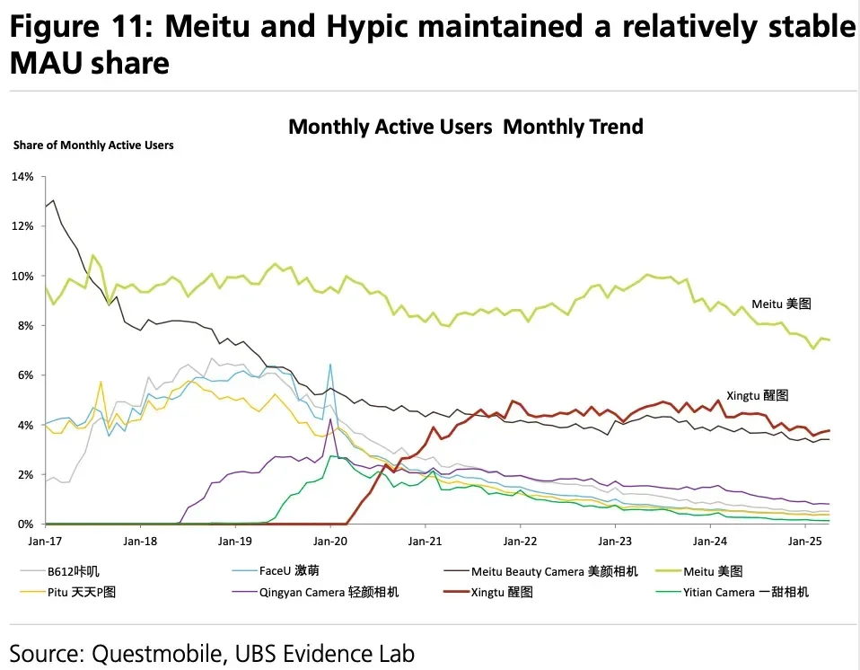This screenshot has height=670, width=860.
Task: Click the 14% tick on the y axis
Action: coord(22,177)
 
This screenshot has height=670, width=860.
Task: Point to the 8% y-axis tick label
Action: coord(25,325)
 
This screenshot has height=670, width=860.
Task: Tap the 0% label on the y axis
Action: coord(25,524)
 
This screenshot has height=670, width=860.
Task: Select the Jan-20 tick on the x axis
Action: coord(329,542)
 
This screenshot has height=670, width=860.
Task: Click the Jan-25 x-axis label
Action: coord(804,542)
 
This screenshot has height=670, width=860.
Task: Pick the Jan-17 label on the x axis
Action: coord(45,542)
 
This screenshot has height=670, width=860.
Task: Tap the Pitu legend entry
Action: coord(81,592)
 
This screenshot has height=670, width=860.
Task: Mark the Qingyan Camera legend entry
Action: coord(329,592)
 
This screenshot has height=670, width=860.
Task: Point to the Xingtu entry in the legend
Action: coord(502,592)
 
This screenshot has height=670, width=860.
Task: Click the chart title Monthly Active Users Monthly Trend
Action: coord(465,127)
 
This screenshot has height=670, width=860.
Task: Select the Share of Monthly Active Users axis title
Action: coord(93,145)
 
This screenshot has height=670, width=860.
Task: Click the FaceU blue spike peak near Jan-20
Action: coord(330,365)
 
